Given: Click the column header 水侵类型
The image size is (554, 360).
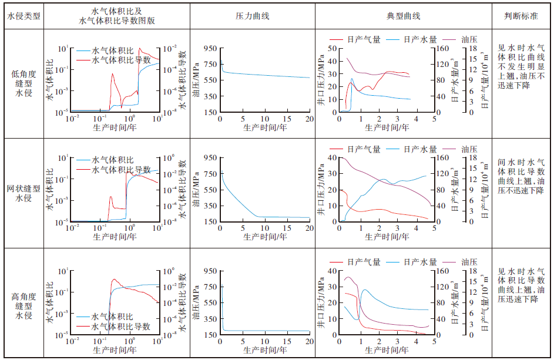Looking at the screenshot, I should pyautogui.click(x=24, y=16).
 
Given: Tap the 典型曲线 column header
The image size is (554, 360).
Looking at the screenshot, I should pyautogui.click(x=404, y=16).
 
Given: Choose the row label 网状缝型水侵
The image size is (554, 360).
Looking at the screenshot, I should pyautogui.click(x=24, y=194).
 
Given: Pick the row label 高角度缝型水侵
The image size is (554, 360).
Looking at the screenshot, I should pyautogui.click(x=24, y=305).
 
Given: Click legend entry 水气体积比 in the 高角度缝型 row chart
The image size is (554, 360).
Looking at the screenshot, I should pyautogui.click(x=117, y=317).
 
